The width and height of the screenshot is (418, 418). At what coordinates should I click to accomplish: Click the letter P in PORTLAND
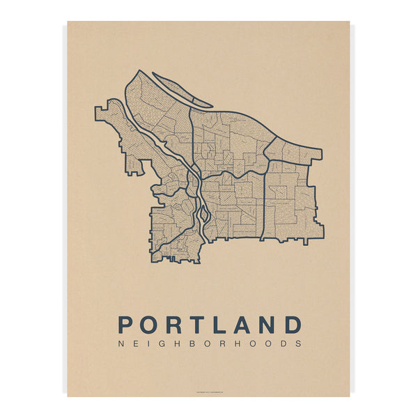[x=126, y=325]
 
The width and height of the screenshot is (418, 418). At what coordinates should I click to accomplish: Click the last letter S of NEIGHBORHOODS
[x=299, y=343]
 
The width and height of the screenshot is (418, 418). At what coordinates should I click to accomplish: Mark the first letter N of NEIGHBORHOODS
[x=122, y=343]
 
